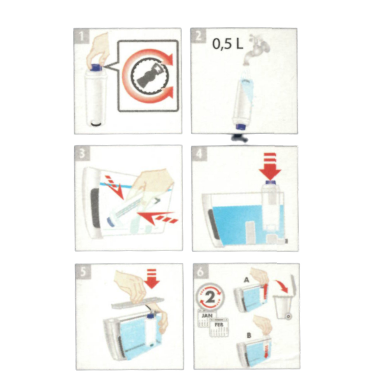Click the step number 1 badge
[x=81, y=36]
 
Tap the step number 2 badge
[x=198, y=36]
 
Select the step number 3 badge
[x=82, y=154]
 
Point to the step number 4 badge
[x=200, y=154]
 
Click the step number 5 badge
[x=83, y=272]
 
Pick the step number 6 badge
[x=201, y=272]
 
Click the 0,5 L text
[x=228, y=44]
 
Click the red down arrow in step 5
[x=152, y=279]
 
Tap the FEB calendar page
[x=219, y=327]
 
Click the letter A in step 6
[x=246, y=280]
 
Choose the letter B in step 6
[x=249, y=336]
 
